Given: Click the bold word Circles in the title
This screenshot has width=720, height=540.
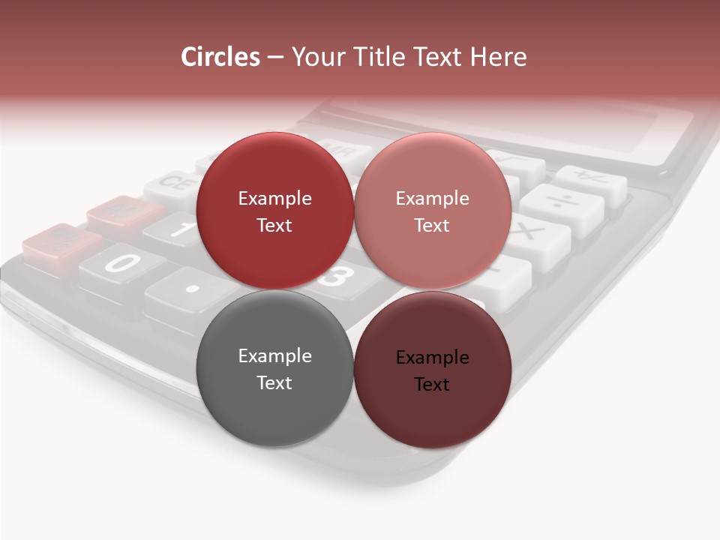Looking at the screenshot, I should (x=220, y=57).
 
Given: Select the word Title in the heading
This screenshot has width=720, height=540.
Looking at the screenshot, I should (x=385, y=57).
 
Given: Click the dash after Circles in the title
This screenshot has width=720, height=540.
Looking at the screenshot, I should (x=275, y=58).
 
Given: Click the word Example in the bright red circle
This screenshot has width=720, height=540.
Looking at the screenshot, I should (x=274, y=199).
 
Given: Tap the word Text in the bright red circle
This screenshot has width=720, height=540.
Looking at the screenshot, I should (x=274, y=226).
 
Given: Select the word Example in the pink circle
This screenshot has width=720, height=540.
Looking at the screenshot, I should (x=432, y=199).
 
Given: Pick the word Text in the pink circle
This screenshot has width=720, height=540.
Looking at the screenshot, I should (x=432, y=226).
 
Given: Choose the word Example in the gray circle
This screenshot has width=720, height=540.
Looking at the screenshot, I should (x=274, y=356).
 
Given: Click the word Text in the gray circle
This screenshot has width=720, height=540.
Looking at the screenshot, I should (x=274, y=383).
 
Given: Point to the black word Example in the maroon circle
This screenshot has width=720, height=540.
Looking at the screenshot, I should (x=432, y=358).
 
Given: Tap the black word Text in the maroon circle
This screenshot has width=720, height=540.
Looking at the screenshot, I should (x=432, y=385).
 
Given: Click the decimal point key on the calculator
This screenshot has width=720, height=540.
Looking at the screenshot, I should (x=192, y=288).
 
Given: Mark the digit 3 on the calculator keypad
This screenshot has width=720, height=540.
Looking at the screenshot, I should (x=337, y=278).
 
